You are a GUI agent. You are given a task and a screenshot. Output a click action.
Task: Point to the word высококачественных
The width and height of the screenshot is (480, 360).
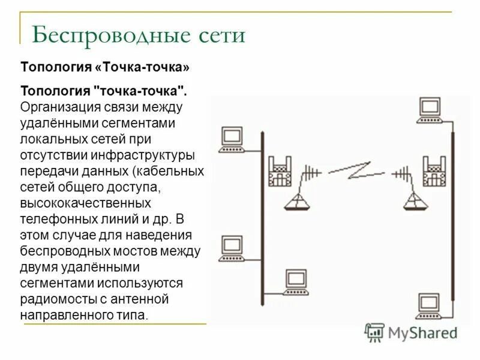(x=86, y=203)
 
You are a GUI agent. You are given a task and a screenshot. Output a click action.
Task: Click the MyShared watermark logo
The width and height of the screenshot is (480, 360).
(x=412, y=332)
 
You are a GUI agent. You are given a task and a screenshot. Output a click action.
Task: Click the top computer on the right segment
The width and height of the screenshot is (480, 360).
(x=430, y=109)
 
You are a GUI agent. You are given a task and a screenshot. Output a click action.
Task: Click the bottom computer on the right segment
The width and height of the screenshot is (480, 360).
(x=430, y=304)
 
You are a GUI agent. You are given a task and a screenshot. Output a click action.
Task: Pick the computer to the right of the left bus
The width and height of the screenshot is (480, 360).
(x=296, y=281)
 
